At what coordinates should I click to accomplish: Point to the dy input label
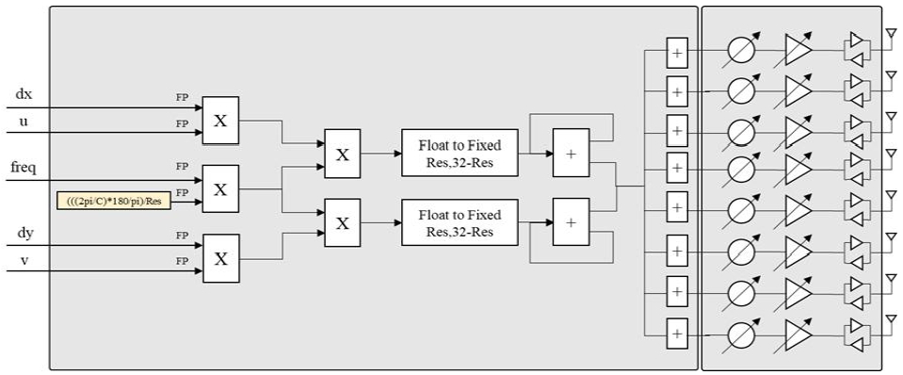pyautogui.click(x=24, y=232)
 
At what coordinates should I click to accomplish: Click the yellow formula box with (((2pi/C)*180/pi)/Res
pyautogui.click(x=114, y=200)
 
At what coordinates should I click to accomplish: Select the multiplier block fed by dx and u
pyautogui.click(x=220, y=121)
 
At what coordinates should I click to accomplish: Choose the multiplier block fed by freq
pyautogui.click(x=220, y=188)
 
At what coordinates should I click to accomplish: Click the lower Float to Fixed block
pyautogui.click(x=460, y=221)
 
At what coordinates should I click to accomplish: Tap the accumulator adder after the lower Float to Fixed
pyautogui.click(x=571, y=221)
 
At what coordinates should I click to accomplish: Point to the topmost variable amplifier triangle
pyautogui.click(x=798, y=51)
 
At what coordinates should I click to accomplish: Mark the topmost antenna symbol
pyautogui.click(x=890, y=35)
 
